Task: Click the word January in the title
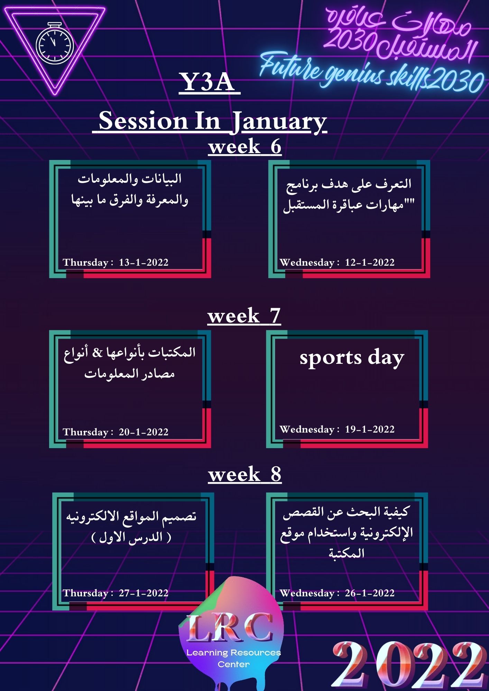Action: click(278, 122)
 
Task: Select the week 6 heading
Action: click(245, 146)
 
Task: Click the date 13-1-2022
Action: click(144, 262)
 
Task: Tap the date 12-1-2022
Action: click(370, 262)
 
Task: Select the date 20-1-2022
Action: click(144, 432)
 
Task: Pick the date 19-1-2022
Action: click(370, 429)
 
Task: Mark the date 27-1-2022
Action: click(144, 593)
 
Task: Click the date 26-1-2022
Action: click(370, 593)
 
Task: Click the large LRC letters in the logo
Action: click(230, 627)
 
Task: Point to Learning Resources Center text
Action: click(234, 658)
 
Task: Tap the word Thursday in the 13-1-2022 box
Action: click(85, 263)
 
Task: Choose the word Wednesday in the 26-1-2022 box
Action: click(307, 593)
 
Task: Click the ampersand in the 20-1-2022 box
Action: click(98, 353)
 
